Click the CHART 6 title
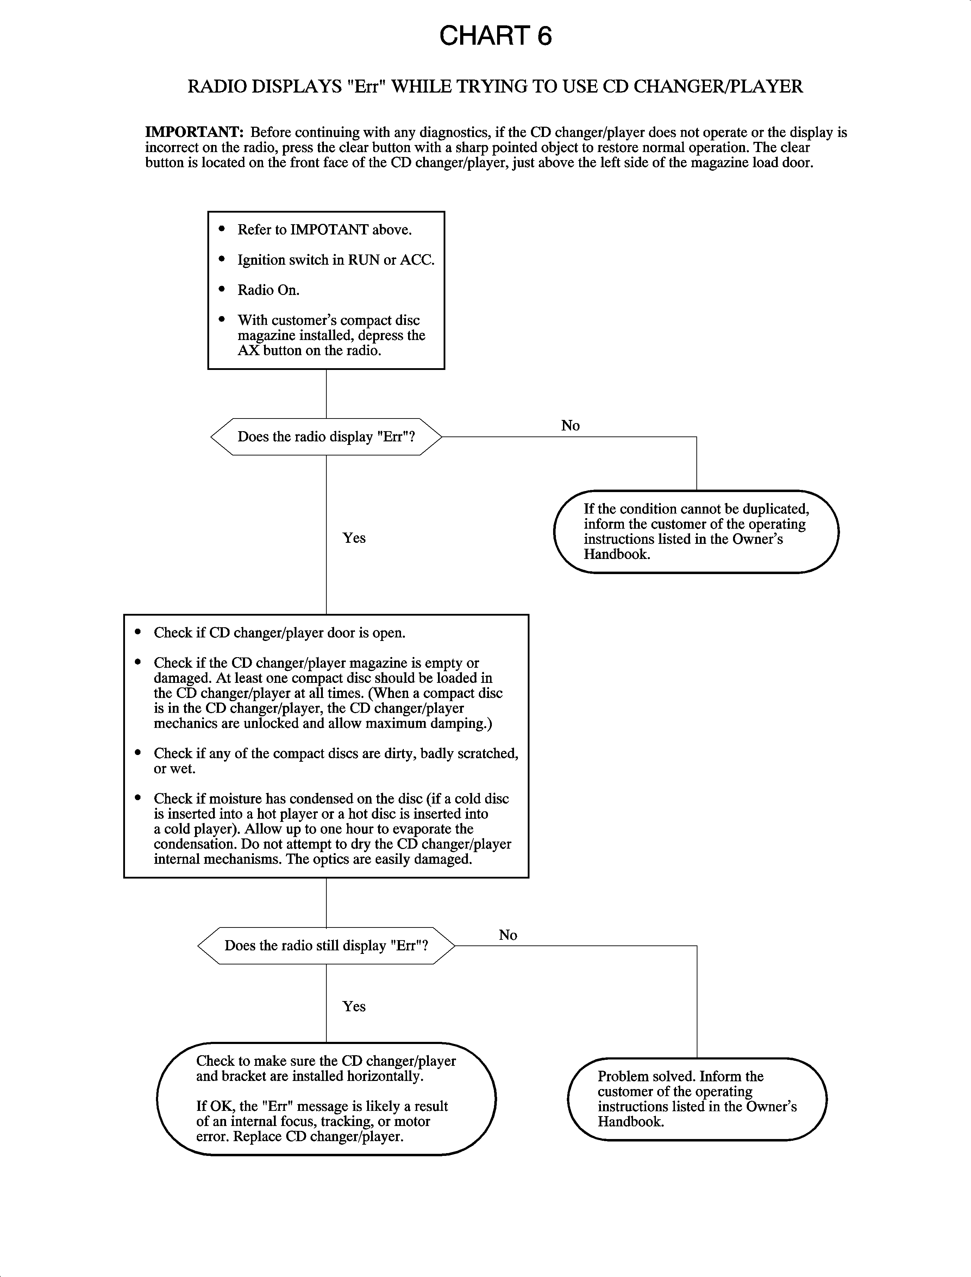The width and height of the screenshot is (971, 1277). click(x=495, y=36)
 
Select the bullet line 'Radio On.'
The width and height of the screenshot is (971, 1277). click(x=268, y=290)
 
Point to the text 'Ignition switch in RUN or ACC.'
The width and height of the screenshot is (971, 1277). click(x=335, y=260)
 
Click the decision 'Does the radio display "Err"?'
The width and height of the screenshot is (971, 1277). click(x=326, y=437)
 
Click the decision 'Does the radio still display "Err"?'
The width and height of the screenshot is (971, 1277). click(x=326, y=946)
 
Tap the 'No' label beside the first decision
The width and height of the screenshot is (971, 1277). click(x=570, y=426)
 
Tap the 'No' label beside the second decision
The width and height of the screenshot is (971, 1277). click(x=507, y=935)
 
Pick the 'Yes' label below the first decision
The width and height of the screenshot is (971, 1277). click(x=354, y=538)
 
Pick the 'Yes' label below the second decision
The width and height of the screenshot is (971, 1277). click(x=354, y=1007)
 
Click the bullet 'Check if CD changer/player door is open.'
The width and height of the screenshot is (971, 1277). click(x=279, y=633)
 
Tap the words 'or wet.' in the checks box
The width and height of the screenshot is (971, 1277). click(x=175, y=769)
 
